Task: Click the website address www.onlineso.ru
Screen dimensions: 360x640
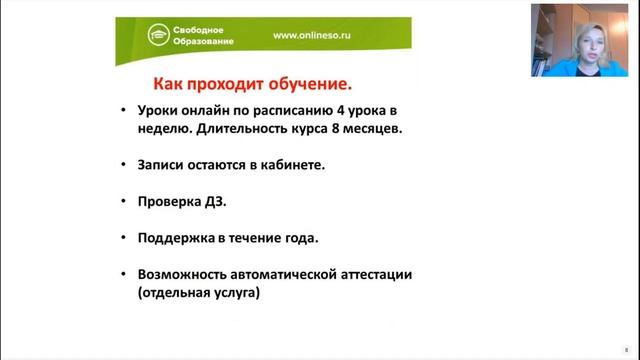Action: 313,35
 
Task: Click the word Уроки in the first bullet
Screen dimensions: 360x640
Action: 159,110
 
